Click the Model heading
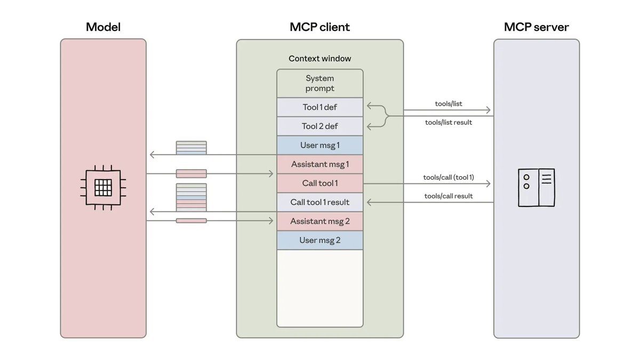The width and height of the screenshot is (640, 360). click(x=103, y=27)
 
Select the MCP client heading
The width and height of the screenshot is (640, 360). click(x=319, y=27)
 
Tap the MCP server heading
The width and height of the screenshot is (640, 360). click(x=536, y=27)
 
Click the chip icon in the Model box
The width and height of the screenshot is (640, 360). click(x=103, y=187)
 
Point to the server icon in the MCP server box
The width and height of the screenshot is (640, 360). click(x=537, y=187)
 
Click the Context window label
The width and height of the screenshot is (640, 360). click(x=319, y=59)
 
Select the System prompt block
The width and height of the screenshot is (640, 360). click(x=319, y=84)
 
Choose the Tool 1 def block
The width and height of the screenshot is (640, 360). click(x=319, y=107)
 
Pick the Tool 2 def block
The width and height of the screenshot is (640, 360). click(x=319, y=126)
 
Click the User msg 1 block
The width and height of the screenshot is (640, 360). click(x=319, y=145)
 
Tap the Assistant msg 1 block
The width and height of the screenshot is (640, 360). click(x=319, y=164)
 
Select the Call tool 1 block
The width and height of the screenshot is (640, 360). click(x=319, y=183)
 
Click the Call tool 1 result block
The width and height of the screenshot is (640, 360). click(x=319, y=202)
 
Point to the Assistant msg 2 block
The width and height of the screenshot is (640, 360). click(x=319, y=221)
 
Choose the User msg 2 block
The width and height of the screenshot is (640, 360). click(x=319, y=240)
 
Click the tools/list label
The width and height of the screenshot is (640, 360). click(x=449, y=104)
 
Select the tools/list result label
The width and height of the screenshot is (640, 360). click(x=449, y=122)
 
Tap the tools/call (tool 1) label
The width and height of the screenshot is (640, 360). click(x=449, y=177)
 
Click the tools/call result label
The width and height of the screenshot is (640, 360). click(x=449, y=196)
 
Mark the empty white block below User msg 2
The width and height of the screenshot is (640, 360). click(x=319, y=288)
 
